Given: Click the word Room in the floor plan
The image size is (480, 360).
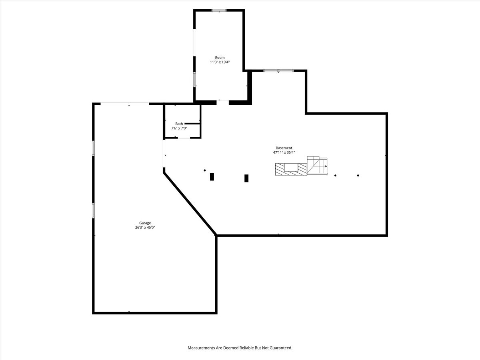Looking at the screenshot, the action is tap(220, 58).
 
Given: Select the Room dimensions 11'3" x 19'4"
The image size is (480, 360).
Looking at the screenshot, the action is tap(220, 62).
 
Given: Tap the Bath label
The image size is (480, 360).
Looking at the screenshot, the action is tap(179, 124).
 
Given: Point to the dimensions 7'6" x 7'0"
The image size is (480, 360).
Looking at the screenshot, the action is tap(179, 128).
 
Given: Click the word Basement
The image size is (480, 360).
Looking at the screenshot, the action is tap(284, 148).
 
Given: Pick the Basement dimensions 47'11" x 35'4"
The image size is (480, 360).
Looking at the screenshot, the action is tap(284, 152).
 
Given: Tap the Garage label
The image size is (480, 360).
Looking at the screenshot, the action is tap(145, 223).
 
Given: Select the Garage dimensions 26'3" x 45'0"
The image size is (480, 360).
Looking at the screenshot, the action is tap(145, 228).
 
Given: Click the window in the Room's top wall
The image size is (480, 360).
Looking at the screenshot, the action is tap(219, 10).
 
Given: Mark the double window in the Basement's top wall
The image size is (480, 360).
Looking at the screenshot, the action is tap(278, 71).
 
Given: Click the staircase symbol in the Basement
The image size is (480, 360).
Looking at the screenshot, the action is tap(317, 165).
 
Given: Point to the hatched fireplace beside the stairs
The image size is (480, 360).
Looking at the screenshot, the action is tap(291, 169).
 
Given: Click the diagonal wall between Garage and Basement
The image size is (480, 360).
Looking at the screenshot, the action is tap(190, 204).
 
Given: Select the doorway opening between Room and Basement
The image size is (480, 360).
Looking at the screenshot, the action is tap(223, 102).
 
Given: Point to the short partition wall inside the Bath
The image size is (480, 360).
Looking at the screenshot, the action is tap(192, 124).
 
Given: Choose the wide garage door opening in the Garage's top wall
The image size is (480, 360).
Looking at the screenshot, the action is tap(125, 103).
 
